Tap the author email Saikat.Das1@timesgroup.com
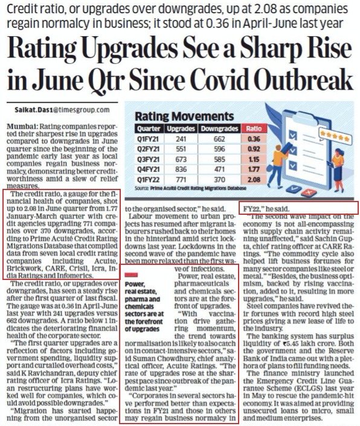pos(62,110)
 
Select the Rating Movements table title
pos(184,116)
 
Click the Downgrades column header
pos(219,129)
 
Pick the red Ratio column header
pos(254,129)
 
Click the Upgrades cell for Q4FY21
pos(181,170)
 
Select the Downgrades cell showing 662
pos(219,139)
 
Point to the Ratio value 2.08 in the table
pos(254,180)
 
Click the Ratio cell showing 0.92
pos(254,149)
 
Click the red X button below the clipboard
pos(309,192)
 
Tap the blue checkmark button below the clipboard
pos(294,188)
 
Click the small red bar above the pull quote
pos(131,275)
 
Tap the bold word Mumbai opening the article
pos(22,127)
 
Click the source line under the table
pos(190,188)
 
